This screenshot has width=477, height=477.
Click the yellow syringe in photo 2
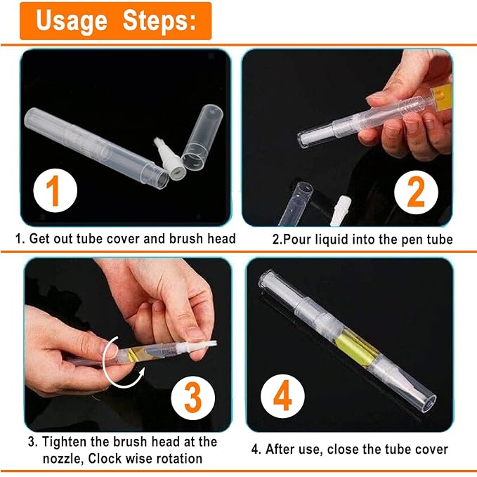click(442, 96)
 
